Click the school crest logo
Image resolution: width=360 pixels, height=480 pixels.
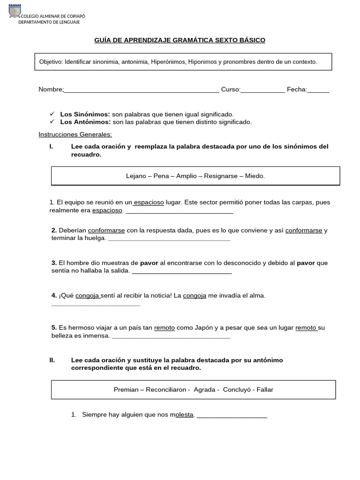(x=15, y=11)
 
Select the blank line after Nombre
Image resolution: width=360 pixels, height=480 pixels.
(x=141, y=90)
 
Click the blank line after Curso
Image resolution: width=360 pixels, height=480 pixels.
(x=262, y=90)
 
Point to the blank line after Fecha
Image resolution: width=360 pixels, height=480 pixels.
(x=318, y=90)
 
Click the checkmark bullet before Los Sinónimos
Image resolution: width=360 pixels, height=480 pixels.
(x=52, y=114)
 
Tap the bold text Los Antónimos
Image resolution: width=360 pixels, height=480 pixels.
(x=85, y=122)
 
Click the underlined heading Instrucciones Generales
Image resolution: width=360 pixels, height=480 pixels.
(x=75, y=135)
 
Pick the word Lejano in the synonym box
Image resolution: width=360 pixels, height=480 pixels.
(x=136, y=176)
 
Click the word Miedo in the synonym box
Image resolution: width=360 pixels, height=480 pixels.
(x=255, y=176)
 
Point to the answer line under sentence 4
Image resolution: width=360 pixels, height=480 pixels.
(x=95, y=305)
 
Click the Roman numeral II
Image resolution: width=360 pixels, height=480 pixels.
(x=52, y=360)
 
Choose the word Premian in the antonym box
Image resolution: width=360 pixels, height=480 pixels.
(x=126, y=390)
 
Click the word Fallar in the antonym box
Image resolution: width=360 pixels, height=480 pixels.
(x=265, y=390)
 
